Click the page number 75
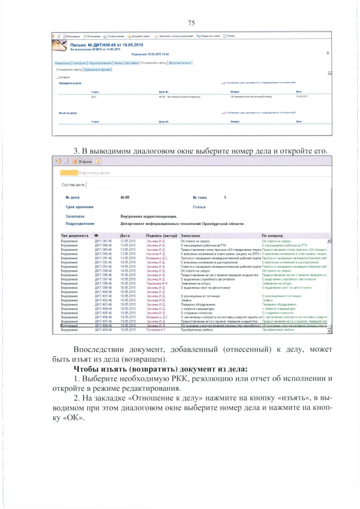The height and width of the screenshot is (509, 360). pyautogui.click(x=191, y=22)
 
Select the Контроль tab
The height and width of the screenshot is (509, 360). pyautogui.click(x=80, y=63)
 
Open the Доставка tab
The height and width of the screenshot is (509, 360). pyautogui.click(x=132, y=63)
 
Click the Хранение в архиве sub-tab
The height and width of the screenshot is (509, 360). pyautogui.click(x=97, y=69)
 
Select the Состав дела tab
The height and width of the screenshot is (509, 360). pyautogui.click(x=73, y=184)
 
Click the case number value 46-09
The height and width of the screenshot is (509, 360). pyautogui.click(x=125, y=198)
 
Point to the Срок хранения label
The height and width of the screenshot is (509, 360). pyautogui.click(x=80, y=207)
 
